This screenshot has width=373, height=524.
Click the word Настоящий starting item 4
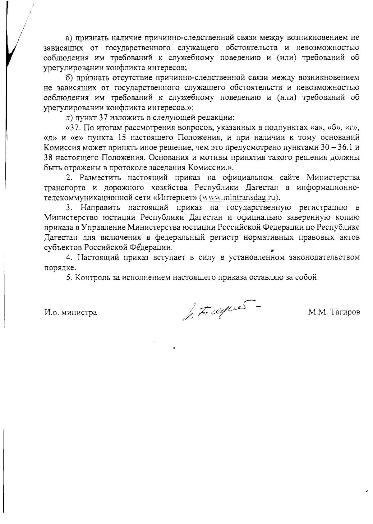pyautogui.click(x=98, y=257)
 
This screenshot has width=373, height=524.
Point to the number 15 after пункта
pyautogui.click(x=124, y=138)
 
